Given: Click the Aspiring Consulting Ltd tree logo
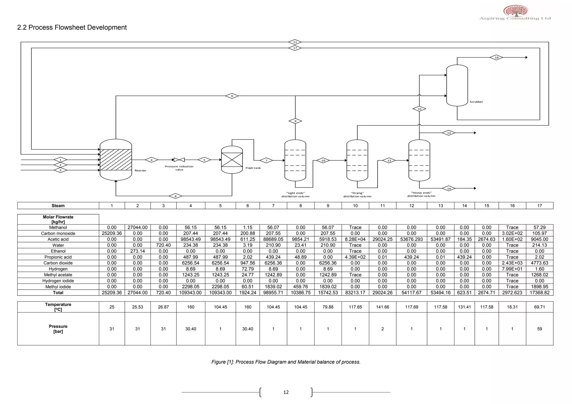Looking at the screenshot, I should [x=515, y=11].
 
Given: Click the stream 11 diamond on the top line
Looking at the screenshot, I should [x=295, y=42].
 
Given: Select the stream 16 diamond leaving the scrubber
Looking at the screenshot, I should [x=496, y=57].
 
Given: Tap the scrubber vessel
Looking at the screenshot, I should [x=457, y=85].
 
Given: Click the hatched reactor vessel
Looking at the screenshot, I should [x=116, y=160].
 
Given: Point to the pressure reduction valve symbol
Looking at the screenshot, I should [x=179, y=160].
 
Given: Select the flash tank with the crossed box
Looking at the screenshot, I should [x=232, y=160].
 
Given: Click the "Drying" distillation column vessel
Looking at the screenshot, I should [x=357, y=160].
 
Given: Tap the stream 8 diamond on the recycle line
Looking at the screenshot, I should [x=175, y=196].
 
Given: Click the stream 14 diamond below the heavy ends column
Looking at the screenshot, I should [x=449, y=189].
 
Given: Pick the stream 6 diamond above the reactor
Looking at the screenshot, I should [x=232, y=96].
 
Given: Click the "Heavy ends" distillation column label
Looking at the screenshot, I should [x=421, y=194].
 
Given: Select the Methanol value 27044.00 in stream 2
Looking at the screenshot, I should [x=137, y=228].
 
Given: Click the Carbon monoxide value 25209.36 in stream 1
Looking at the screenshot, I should [x=112, y=234].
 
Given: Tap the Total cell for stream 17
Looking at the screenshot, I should [x=539, y=293].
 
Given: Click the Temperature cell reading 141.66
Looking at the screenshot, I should [x=382, y=307].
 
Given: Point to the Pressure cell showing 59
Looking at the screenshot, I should [x=539, y=329].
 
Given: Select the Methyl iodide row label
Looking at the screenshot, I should [x=58, y=287].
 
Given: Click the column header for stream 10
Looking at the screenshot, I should [x=355, y=206].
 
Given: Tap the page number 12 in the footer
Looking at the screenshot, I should [x=286, y=392].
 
